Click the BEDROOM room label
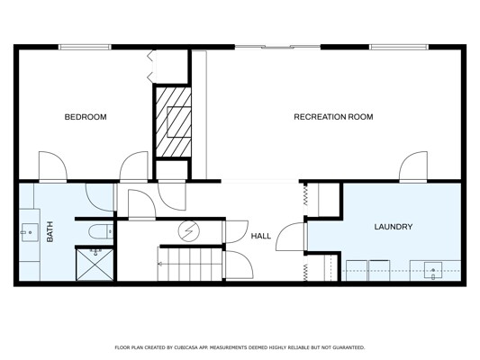[86, 117]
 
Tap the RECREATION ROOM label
[333, 117]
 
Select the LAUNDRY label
[394, 227]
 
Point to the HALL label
[261, 236]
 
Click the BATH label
[50, 232]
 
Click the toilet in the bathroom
[101, 232]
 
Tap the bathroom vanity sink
[30, 232]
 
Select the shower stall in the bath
[95, 265]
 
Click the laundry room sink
[433, 270]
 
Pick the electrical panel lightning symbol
[189, 231]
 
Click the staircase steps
[190, 264]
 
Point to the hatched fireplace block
[173, 122]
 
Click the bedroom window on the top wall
[85, 47]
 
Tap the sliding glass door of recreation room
[277, 47]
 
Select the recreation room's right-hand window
[399, 47]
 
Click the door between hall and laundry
[291, 237]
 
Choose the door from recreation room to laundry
[413, 166]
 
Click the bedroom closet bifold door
[150, 67]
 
